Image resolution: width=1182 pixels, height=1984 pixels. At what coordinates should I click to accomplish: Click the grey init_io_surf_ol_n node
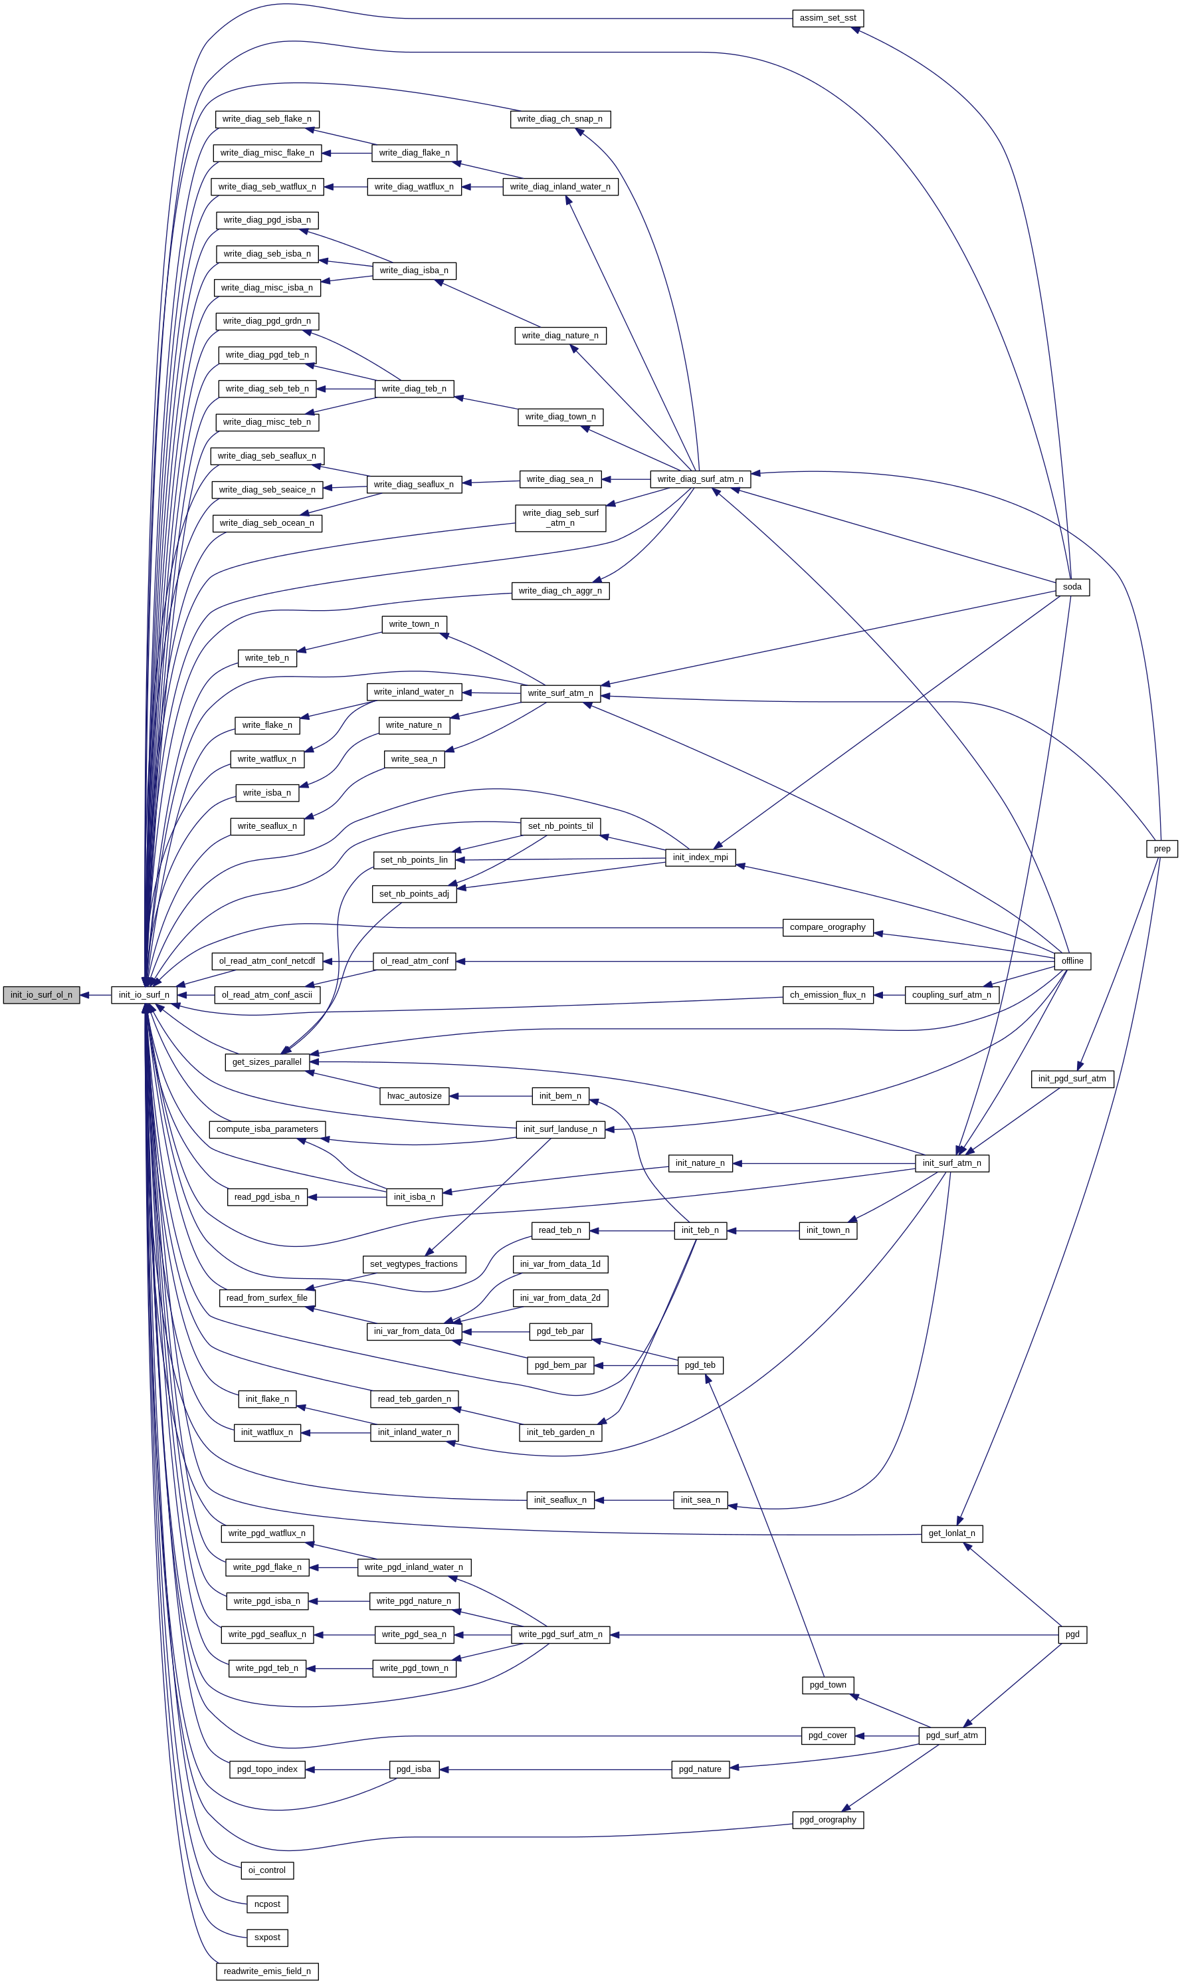point(41,995)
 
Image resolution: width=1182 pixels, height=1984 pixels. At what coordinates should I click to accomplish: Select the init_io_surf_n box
point(144,995)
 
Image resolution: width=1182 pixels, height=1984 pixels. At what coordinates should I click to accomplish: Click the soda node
point(1072,588)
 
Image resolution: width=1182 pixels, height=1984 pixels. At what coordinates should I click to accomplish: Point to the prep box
point(1162,849)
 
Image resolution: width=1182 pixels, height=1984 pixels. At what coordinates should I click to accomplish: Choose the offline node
point(1072,961)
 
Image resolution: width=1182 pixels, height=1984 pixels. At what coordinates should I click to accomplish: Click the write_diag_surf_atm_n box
point(700,480)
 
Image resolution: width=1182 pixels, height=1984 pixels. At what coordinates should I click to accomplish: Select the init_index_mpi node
point(700,857)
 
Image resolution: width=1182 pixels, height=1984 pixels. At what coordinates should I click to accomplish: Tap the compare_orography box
point(828,927)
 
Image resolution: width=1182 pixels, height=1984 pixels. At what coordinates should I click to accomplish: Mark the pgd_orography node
point(828,1820)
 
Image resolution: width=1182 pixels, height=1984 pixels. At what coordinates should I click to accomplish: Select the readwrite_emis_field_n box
point(267,1971)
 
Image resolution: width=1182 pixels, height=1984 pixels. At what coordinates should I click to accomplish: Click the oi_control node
point(267,1870)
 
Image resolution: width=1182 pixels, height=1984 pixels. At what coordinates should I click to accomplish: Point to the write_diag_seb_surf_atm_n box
point(560,518)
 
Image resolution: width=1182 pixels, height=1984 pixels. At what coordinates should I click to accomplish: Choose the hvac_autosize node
point(414,1097)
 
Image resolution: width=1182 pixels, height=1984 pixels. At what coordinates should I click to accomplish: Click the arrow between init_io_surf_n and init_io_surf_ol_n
point(96,995)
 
